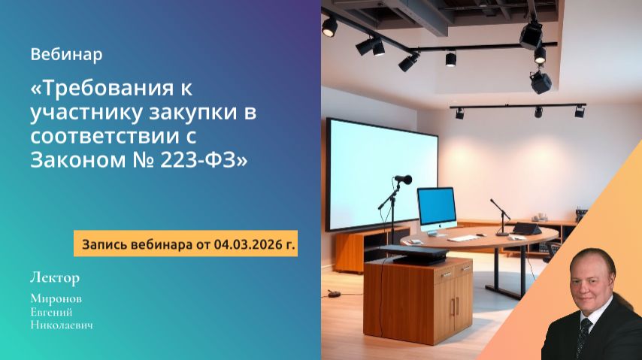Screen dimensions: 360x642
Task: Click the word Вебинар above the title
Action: point(67,55)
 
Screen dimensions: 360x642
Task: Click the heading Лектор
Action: point(54,277)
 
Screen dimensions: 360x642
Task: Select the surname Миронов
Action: point(56,298)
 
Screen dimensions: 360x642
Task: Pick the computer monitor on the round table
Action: point(437,208)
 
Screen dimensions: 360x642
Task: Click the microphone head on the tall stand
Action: point(404,180)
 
